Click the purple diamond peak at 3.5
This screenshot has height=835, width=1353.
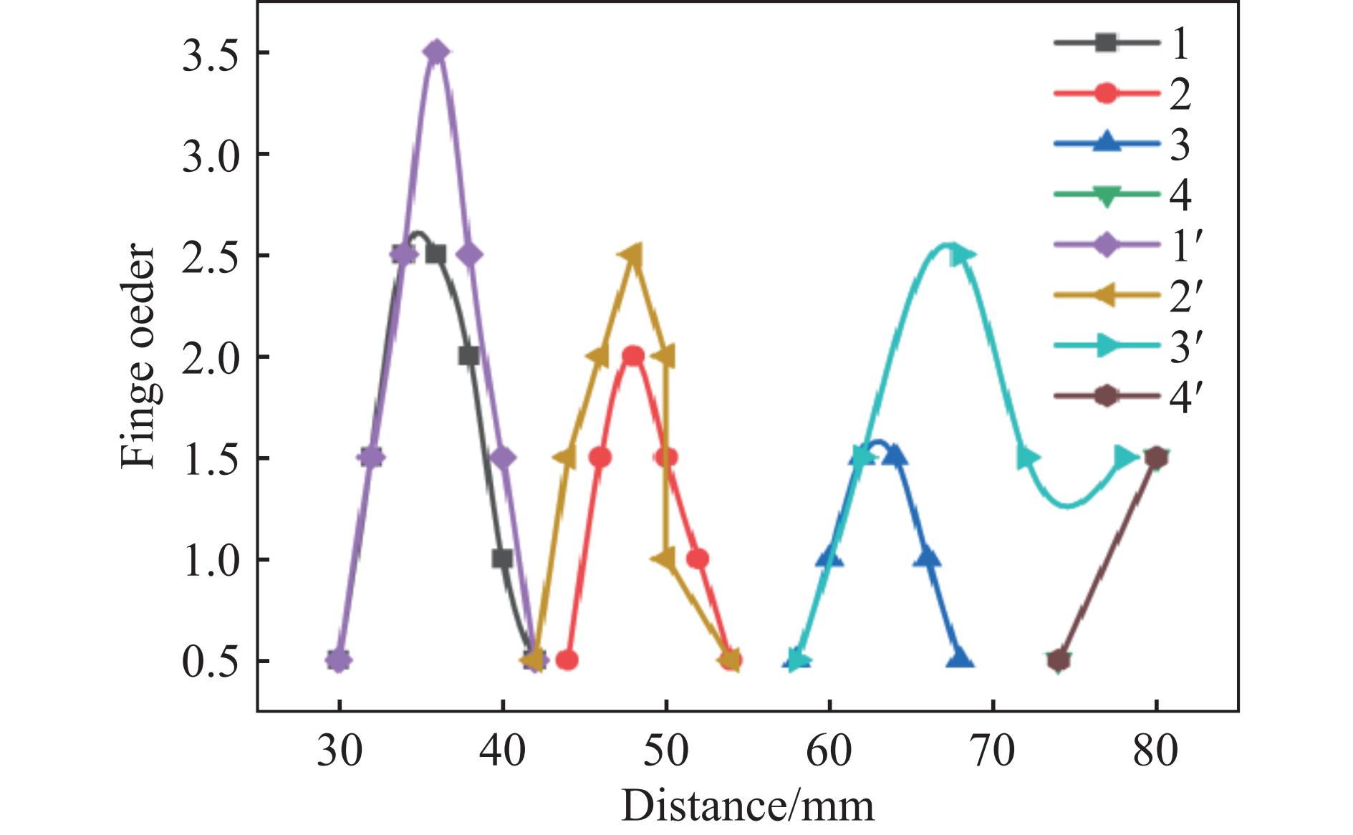437,52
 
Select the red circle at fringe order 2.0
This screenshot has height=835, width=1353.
633,356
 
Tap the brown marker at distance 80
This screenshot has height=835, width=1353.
1155,458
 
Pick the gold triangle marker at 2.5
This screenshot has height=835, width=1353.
632,254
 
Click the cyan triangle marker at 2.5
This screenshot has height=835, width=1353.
961,255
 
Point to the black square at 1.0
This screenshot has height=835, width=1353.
502,559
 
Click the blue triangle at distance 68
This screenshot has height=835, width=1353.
960,660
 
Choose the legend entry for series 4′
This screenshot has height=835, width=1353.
1122,397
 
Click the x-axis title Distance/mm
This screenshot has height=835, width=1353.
747,806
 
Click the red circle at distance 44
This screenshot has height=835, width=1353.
567,660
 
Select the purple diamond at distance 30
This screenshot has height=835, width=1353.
340,660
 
